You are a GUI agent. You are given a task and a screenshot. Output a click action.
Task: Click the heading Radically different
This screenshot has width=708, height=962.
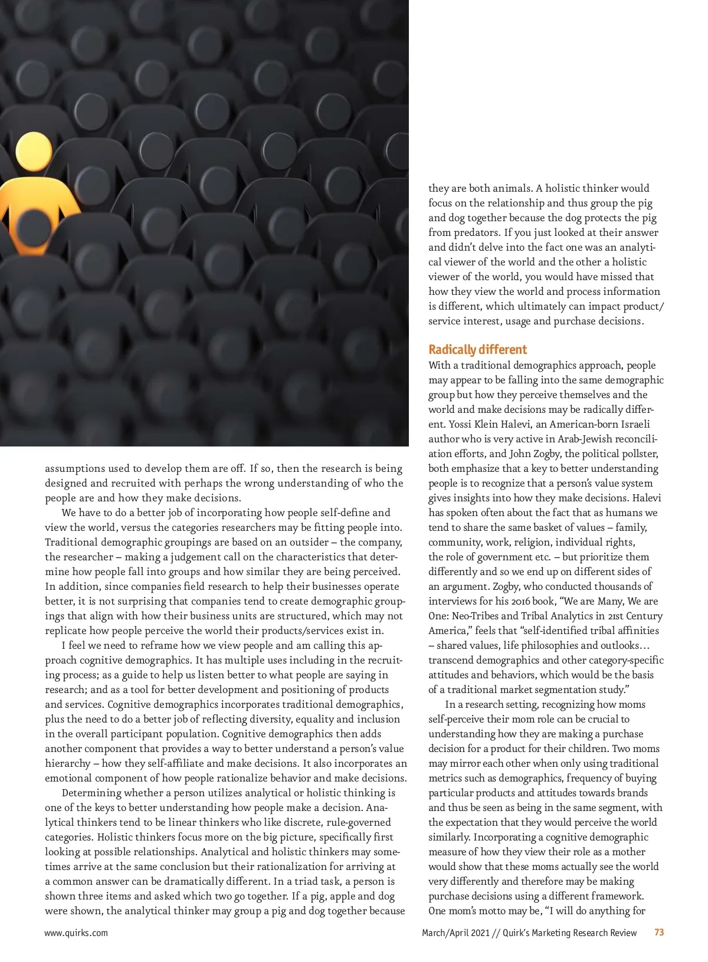click(x=477, y=350)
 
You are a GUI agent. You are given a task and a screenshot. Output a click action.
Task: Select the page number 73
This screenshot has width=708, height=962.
click(x=659, y=933)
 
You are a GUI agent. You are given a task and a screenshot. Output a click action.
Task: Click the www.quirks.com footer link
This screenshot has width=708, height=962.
click(x=76, y=933)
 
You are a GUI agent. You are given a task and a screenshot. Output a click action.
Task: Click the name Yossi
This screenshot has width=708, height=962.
click(x=460, y=424)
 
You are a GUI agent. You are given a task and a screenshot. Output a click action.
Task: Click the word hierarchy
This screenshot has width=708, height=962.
click(x=67, y=763)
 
